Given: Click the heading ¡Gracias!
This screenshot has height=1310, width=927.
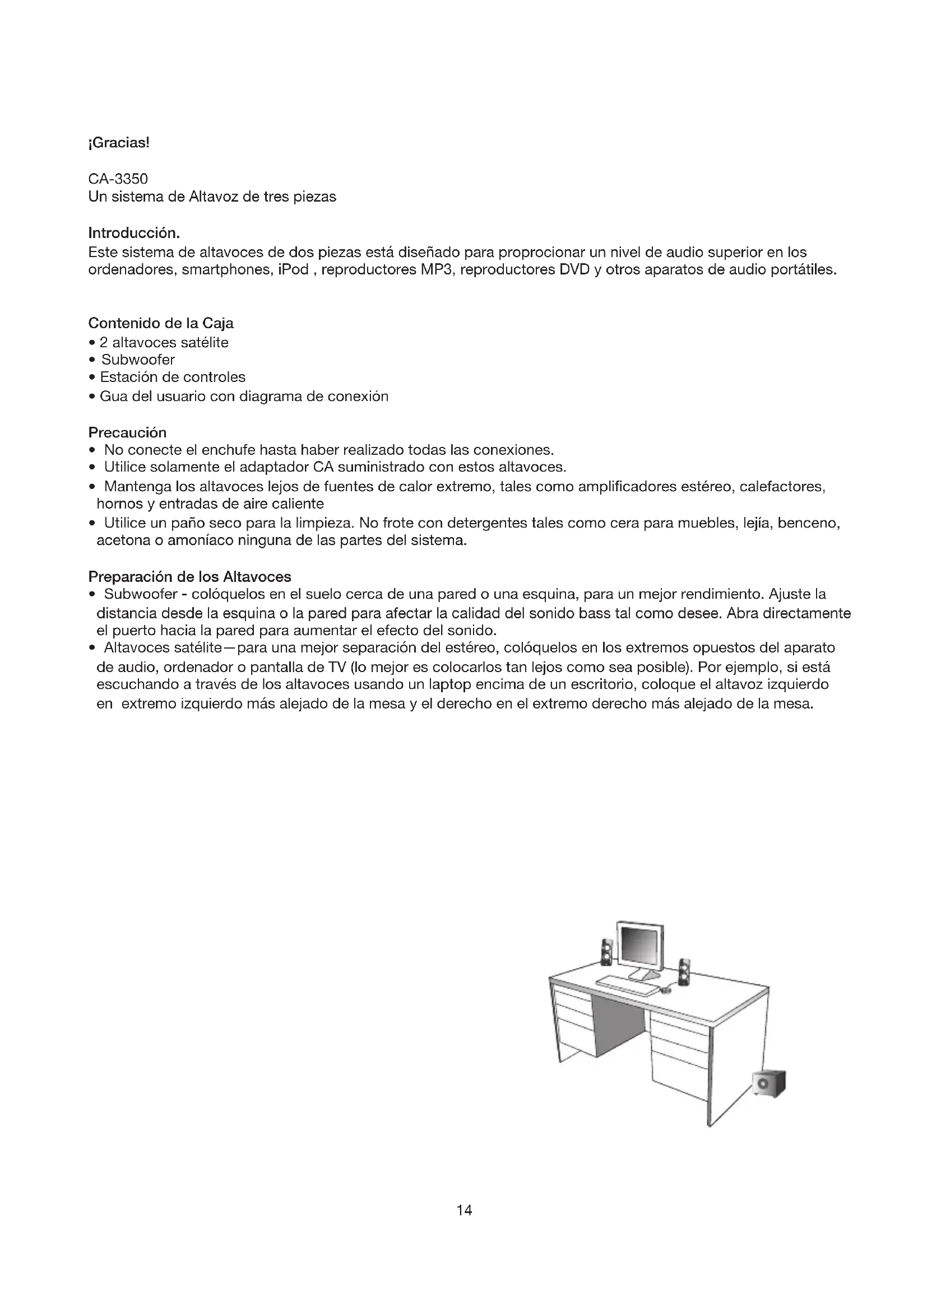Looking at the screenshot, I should tap(119, 143).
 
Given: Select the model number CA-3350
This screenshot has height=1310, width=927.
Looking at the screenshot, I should tap(118, 179).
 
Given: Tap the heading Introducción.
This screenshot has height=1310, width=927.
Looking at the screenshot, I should tap(134, 233).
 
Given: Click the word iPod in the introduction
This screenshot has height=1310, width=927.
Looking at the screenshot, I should tap(293, 270).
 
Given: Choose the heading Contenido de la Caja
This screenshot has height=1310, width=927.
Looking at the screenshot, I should tap(160, 324).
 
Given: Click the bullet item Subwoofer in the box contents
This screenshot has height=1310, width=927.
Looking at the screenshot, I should tap(137, 360).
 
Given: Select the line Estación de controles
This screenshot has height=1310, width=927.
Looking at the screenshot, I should tap(173, 377).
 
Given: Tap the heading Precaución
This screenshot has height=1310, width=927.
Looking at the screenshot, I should tap(127, 432).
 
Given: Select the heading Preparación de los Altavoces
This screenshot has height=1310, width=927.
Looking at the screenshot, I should tap(189, 576).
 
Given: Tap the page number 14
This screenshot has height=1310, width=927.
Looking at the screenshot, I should tap(464, 1210).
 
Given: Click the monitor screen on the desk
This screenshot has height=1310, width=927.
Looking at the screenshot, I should tap(641, 946).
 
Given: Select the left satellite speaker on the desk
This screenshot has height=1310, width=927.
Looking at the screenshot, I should tap(607, 952).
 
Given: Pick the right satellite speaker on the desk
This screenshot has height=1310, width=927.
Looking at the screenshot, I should tap(684, 971).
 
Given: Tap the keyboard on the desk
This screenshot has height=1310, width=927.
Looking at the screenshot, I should tap(627, 986).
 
